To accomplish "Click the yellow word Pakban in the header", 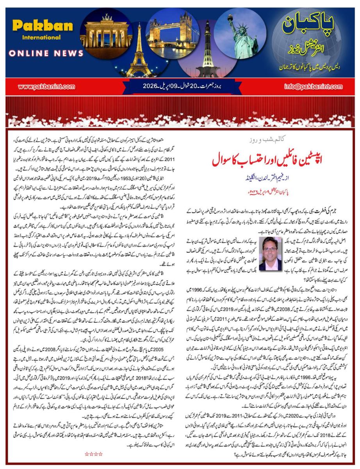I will (x=42, y=26).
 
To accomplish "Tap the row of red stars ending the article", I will (x=94, y=454).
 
